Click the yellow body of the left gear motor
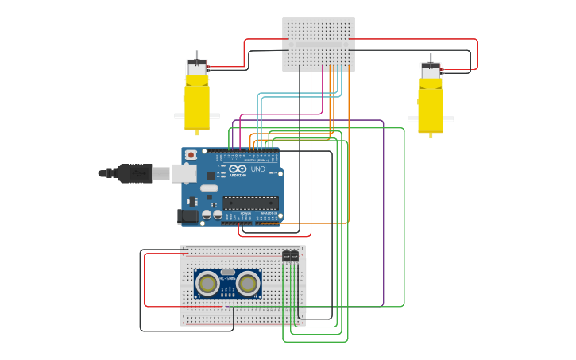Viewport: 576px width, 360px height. [x=197, y=103]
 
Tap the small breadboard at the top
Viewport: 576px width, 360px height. [x=319, y=45]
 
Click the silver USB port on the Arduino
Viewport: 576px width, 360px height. [x=184, y=173]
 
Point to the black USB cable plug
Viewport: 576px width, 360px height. [x=134, y=173]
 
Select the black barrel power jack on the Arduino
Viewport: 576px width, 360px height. [x=187, y=215]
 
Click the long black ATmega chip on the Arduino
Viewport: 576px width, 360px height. [x=250, y=203]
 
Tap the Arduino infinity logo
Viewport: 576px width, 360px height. [x=238, y=169]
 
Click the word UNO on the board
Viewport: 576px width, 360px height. [x=258, y=169]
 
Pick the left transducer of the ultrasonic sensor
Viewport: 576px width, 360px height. [x=208, y=283]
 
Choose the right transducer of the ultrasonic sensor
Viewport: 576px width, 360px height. [x=248, y=283]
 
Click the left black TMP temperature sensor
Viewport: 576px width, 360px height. [x=286, y=256]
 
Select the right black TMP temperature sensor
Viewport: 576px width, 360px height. [x=295, y=256]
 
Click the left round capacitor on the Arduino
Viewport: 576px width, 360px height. [x=207, y=215]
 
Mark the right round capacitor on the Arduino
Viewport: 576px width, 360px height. [x=218, y=215]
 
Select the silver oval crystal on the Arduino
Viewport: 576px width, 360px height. [x=209, y=188]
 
